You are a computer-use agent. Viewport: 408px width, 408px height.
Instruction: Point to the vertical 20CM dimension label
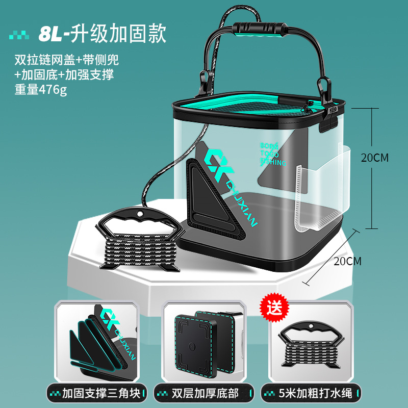coord(374,158)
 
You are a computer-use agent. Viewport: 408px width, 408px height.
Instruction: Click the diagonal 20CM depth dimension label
coord(346,261)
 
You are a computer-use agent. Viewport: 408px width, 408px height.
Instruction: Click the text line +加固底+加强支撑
coord(64,74)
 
